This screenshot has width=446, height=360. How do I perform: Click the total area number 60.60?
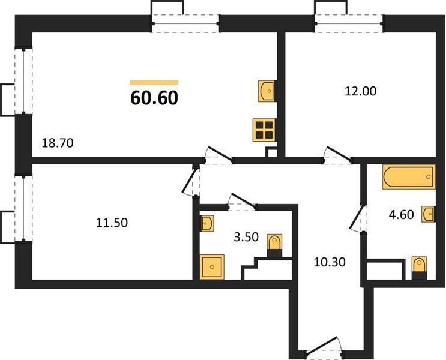[x=154, y=98]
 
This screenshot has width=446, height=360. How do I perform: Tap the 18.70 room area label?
[x=58, y=143]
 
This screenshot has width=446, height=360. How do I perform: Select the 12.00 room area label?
[x=360, y=91]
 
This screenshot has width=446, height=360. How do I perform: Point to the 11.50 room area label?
[x=112, y=223]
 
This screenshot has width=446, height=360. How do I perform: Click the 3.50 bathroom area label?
[x=246, y=236]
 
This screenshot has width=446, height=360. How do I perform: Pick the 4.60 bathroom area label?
[x=401, y=214]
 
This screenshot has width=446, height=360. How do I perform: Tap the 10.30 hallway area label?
[x=330, y=262]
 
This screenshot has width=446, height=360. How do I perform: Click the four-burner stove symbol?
[x=264, y=130]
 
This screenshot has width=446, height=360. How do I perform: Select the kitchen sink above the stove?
[x=267, y=91]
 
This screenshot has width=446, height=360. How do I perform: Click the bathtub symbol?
[x=409, y=177]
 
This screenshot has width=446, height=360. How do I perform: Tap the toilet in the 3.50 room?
[x=274, y=245]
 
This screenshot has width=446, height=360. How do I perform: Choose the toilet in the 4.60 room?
[x=419, y=268]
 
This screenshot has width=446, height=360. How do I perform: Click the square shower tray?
[x=212, y=267]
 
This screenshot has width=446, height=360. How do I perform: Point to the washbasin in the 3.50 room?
[x=207, y=223]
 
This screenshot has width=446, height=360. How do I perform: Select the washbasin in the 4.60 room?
[x=429, y=214]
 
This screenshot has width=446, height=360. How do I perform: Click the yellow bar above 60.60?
[x=154, y=82]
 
